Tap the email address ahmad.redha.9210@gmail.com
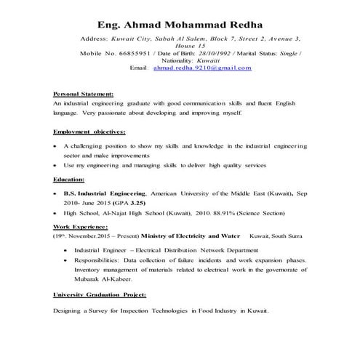point(202,68)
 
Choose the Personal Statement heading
point(83,95)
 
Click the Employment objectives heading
point(89,132)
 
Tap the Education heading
point(69,179)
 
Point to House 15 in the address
point(180,45)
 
